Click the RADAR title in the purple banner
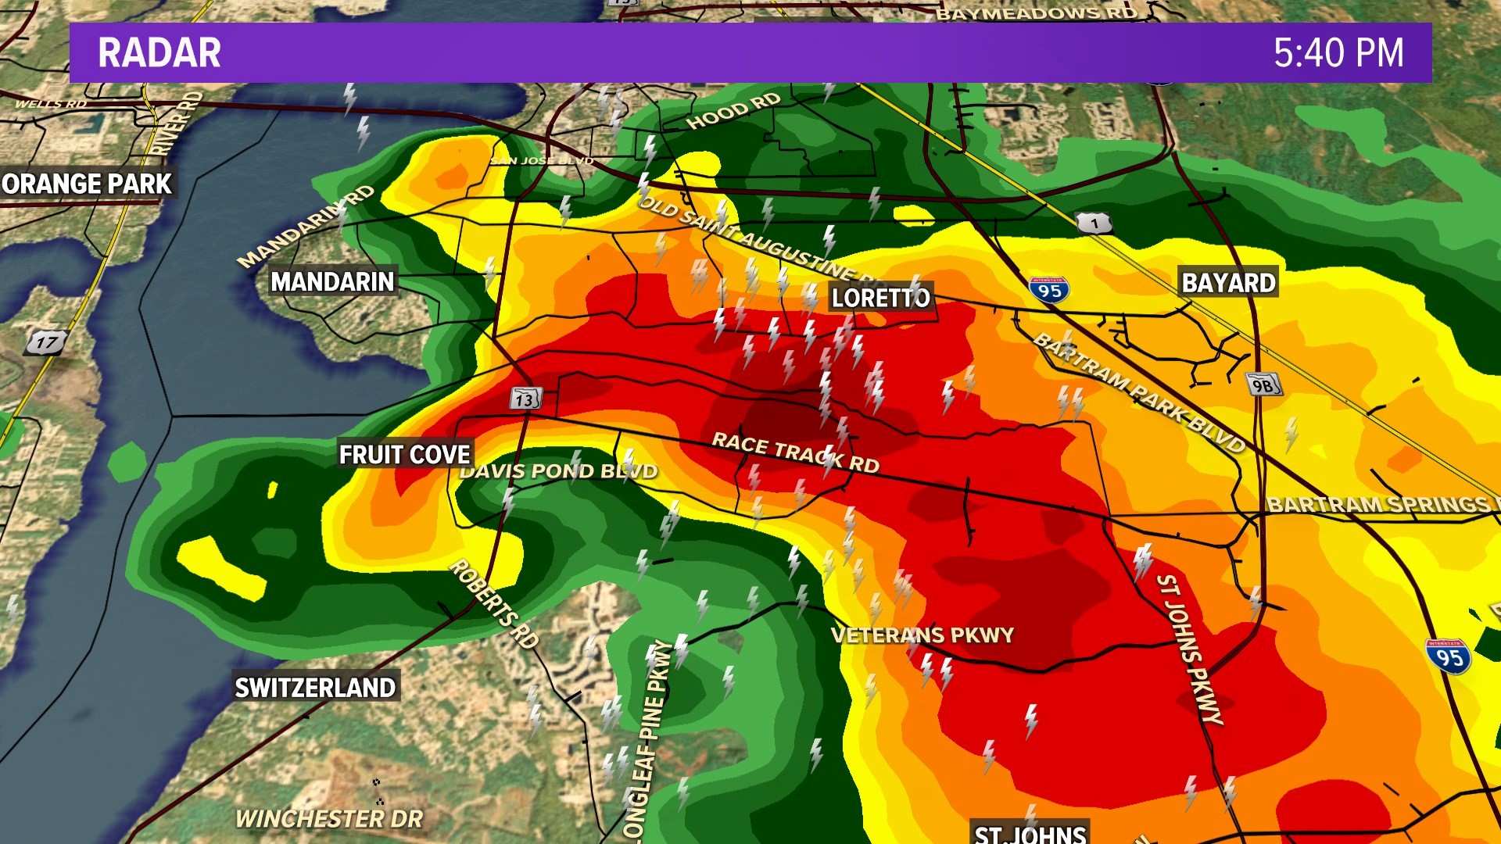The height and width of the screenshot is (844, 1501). pyautogui.click(x=159, y=53)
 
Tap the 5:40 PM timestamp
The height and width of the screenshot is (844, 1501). pyautogui.click(x=1338, y=53)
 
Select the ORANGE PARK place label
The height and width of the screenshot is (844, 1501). pyautogui.click(x=87, y=184)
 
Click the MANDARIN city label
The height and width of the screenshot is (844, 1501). pyautogui.click(x=332, y=282)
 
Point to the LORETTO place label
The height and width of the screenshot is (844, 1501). pyautogui.click(x=880, y=298)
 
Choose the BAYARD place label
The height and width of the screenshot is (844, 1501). pyautogui.click(x=1227, y=283)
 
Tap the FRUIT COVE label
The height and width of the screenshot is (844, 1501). pyautogui.click(x=404, y=455)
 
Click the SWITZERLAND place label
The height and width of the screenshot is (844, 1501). pyautogui.click(x=316, y=688)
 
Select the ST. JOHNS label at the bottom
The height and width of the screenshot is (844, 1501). pyautogui.click(x=1030, y=833)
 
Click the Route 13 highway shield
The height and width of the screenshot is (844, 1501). pyautogui.click(x=525, y=399)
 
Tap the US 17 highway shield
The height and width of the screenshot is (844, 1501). pyautogui.click(x=46, y=342)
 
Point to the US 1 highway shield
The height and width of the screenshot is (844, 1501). pyautogui.click(x=1094, y=224)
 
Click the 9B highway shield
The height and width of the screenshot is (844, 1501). pyautogui.click(x=1263, y=384)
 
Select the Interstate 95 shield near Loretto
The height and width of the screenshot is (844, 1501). pyautogui.click(x=1049, y=291)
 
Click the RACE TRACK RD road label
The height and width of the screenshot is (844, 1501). pyautogui.click(x=795, y=453)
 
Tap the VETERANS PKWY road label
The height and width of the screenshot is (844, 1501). pyautogui.click(x=922, y=635)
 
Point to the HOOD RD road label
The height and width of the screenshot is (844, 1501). pyautogui.click(x=733, y=111)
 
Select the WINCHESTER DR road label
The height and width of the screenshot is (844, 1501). pyautogui.click(x=329, y=819)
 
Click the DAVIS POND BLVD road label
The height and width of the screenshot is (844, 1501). pyautogui.click(x=558, y=471)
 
